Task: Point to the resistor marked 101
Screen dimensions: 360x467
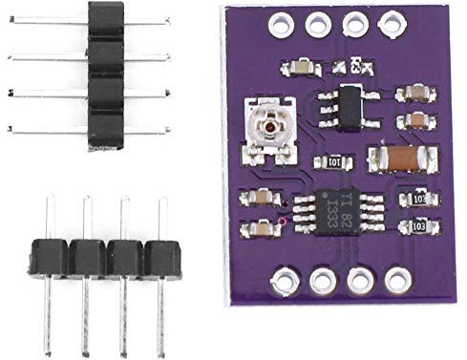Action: click(x=333, y=162)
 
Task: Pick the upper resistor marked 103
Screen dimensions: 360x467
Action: click(x=419, y=199)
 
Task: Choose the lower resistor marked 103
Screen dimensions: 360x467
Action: click(x=419, y=227)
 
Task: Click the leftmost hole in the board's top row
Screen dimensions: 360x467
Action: click(x=282, y=20)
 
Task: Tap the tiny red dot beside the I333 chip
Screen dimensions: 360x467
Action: click(x=284, y=223)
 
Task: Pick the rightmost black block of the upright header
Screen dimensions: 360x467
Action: click(x=162, y=259)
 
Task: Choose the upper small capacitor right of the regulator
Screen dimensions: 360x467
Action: click(x=414, y=92)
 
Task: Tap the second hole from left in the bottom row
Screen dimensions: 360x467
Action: click(x=321, y=281)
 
